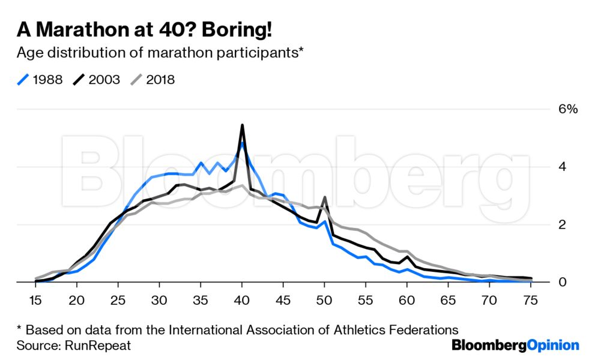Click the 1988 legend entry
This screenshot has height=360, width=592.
pos(40,80)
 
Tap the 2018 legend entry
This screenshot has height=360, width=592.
pos(153,80)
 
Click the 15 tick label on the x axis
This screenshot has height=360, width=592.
pos(35,300)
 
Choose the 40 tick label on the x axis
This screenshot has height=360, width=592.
pos(241,300)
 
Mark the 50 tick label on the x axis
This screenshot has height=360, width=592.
pos(324,300)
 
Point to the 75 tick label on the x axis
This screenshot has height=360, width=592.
pos(530,300)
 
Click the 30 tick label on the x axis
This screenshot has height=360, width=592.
pos(159,300)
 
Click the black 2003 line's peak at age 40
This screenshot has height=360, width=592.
pos(241,125)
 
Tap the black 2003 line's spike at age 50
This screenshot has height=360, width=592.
pos(324,197)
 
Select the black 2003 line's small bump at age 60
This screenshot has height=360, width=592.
pos(408,257)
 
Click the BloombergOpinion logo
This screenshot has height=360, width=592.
pos(515,345)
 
